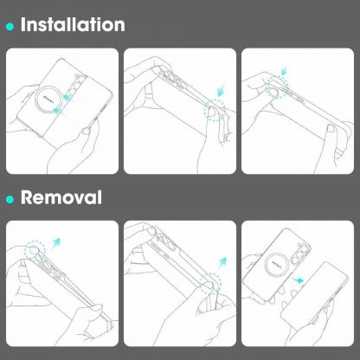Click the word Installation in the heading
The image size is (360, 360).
[73, 24]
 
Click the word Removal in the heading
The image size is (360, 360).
[61, 197]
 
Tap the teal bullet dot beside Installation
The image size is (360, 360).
[10, 27]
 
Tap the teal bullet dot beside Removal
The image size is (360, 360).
[10, 199]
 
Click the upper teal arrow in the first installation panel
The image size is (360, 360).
[67, 98]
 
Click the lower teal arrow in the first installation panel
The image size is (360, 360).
[59, 110]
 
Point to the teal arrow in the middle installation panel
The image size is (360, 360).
[222, 91]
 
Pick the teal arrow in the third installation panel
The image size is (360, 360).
[285, 71]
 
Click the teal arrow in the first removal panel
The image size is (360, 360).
[56, 243]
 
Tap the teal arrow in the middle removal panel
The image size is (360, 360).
[222, 262]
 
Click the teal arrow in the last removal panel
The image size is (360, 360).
[298, 280]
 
